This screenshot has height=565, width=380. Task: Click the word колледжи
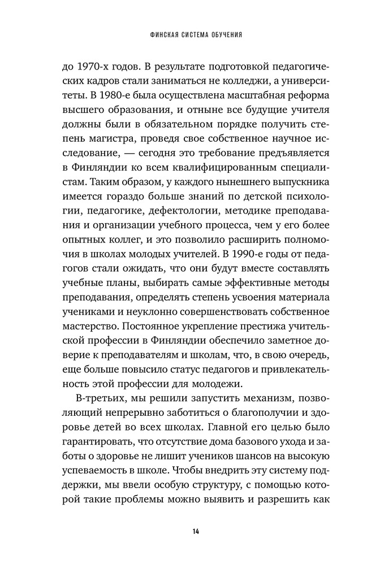pyautogui.click(x=230, y=79)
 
